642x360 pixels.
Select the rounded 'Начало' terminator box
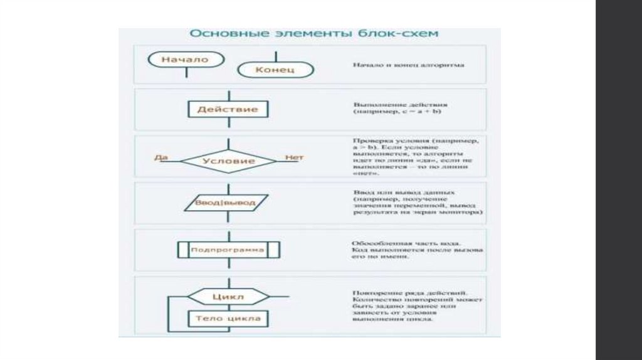pyautogui.click(x=186, y=60)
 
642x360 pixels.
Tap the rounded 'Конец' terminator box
pyautogui.click(x=275, y=69)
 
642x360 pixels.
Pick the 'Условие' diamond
pyautogui.click(x=228, y=161)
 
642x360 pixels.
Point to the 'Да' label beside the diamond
pyautogui.click(x=161, y=157)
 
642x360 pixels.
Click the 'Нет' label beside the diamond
pyautogui.click(x=294, y=157)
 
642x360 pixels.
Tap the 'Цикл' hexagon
pyautogui.click(x=228, y=296)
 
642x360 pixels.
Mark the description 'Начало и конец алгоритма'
pyautogui.click(x=408, y=65)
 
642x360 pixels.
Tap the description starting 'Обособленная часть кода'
pyautogui.click(x=417, y=250)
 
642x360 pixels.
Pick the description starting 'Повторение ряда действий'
pyautogui.click(x=416, y=306)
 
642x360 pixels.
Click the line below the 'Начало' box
pyautogui.click(x=187, y=72)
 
